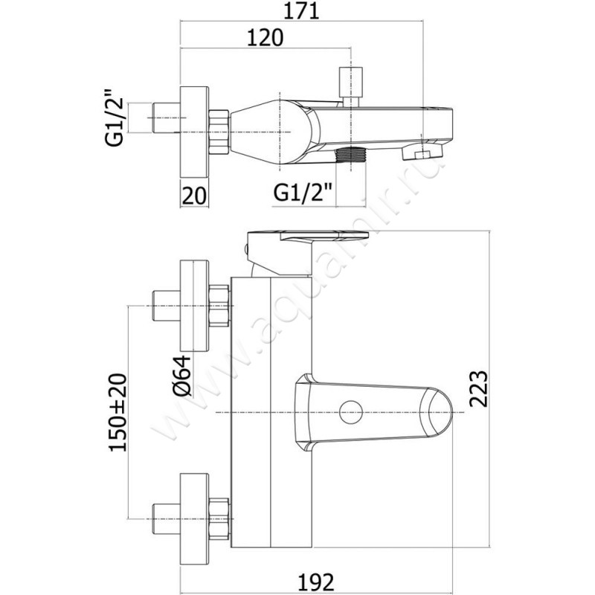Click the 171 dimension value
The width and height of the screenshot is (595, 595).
302,11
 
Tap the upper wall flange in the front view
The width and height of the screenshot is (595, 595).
194,306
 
